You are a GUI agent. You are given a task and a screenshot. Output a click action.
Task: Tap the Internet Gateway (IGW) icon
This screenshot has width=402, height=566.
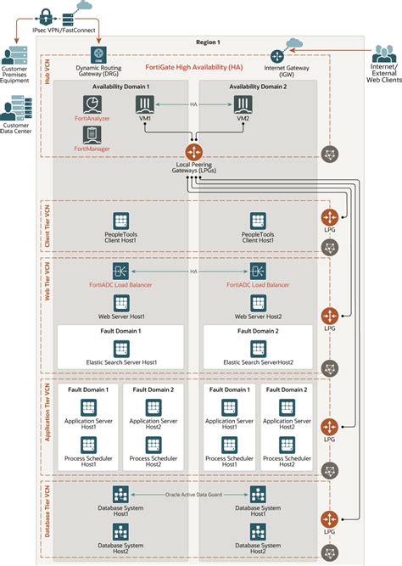pos(276,56)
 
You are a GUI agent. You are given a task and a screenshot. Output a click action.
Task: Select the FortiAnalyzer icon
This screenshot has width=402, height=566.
pos(92,104)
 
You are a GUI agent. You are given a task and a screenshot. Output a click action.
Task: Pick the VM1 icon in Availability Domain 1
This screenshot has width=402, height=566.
pos(144,104)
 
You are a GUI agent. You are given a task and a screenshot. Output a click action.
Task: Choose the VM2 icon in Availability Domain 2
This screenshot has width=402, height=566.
pos(243,104)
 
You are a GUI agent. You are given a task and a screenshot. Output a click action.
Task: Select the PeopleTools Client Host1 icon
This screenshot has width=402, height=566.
pos(120,221)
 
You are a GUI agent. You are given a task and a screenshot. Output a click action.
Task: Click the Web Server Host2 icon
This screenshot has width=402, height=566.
pos(257,302)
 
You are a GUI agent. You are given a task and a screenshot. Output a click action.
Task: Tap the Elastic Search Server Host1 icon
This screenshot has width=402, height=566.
pos(121,348)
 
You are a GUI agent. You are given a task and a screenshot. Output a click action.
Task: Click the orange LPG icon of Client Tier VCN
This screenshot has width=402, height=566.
pos(329,216)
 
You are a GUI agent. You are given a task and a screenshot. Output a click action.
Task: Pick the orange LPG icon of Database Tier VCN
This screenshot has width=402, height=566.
pos(329,519)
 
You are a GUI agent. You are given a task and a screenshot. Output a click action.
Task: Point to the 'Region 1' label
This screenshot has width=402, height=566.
pos(207,42)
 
